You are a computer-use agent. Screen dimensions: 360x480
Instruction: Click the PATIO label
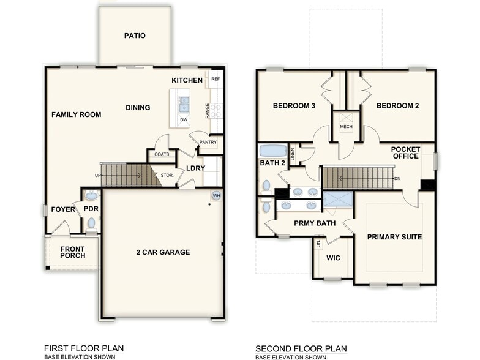pos(135,36)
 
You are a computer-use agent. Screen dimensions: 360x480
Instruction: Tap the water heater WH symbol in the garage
pos(216,196)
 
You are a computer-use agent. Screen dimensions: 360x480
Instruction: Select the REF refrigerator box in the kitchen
pos(215,79)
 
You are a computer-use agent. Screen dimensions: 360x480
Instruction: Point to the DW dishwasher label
pos(183,120)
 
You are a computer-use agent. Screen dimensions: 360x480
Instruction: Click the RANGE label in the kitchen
pos(208,111)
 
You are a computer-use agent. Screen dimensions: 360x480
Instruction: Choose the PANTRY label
pos(207,142)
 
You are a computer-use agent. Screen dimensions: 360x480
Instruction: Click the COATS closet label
pos(162,155)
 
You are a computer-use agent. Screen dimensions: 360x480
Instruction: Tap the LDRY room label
pos(195,168)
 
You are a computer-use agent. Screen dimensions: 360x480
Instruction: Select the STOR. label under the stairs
pos(167,176)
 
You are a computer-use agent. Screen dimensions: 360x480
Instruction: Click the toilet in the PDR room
pos(91,223)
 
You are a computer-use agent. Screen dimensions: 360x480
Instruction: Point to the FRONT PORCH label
pos(72,252)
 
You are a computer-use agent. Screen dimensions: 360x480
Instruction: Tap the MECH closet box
pos(346,122)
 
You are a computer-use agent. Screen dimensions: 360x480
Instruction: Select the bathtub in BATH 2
pos(272,151)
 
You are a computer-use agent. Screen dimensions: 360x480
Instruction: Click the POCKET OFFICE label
pos(405,152)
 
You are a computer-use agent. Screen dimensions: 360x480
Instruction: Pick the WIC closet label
pos(333,258)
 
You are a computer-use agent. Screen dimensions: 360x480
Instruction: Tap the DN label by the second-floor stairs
pos(397,179)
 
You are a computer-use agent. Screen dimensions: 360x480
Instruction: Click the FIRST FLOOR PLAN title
pos(83,348)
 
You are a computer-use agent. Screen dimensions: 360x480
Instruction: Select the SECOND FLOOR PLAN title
pos(299,348)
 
